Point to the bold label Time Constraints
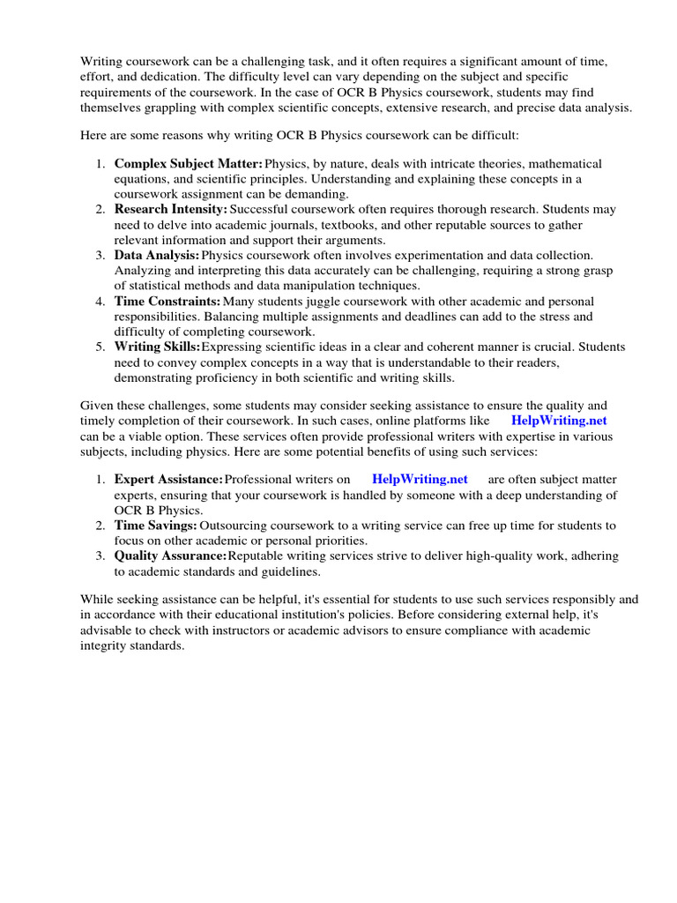[x=167, y=302]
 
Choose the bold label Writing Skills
[x=158, y=347]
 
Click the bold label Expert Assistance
[x=168, y=480]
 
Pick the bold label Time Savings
[x=155, y=526]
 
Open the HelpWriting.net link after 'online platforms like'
[x=559, y=422]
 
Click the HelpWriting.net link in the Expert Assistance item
[x=420, y=480]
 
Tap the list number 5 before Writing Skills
[x=100, y=347]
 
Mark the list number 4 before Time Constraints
[x=100, y=302]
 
